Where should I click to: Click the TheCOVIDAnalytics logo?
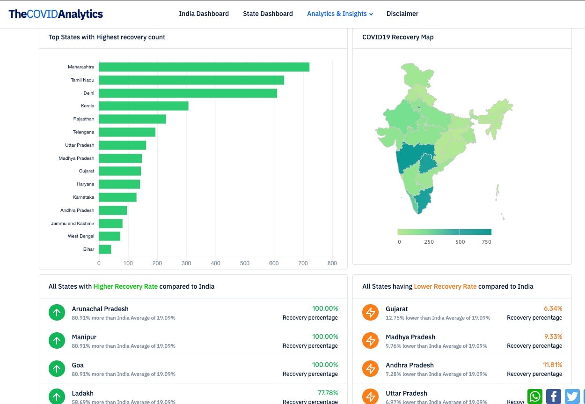56,14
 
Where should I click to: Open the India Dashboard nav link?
204,14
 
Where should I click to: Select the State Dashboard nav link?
268,14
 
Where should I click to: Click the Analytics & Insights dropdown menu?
340,14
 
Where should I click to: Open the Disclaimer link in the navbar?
402,14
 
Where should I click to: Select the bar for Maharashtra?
204,67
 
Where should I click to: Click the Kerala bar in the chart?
144,106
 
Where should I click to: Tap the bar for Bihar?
105,249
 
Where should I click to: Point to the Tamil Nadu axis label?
82,80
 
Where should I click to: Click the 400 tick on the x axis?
215,263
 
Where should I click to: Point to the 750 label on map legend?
486,242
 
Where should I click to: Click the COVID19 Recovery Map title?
398,37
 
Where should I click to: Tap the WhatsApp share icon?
535,397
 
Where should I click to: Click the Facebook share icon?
553,397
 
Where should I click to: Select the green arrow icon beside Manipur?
57,341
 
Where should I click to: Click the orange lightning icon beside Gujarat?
371,313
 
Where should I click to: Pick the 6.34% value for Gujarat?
553,309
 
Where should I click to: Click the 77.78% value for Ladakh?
328,393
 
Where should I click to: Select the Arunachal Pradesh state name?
100,309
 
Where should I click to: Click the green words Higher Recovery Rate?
125,286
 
